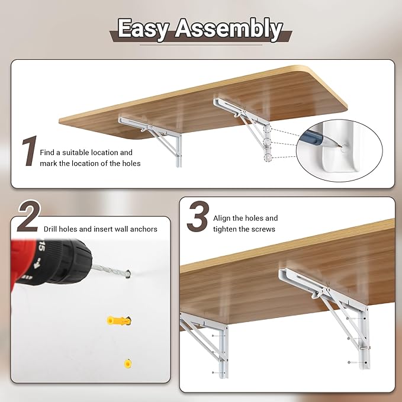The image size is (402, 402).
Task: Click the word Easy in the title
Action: tap(143, 29)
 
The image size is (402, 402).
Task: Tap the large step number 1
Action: tap(30, 151)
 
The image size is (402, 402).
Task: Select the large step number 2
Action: tap(29, 216)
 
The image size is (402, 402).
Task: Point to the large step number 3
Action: tap(198, 216)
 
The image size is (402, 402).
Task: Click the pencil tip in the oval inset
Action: tap(341, 146)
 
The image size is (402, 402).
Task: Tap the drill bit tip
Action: tap(128, 274)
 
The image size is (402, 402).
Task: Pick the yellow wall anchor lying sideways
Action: tap(119, 320)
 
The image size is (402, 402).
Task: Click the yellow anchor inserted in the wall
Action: tap(128, 364)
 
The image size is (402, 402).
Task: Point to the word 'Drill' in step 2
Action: tap(50, 229)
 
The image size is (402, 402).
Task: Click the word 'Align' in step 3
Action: tap(222, 218)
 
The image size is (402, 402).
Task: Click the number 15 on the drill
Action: tap(41, 247)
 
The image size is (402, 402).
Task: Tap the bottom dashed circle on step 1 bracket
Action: tap(268, 157)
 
